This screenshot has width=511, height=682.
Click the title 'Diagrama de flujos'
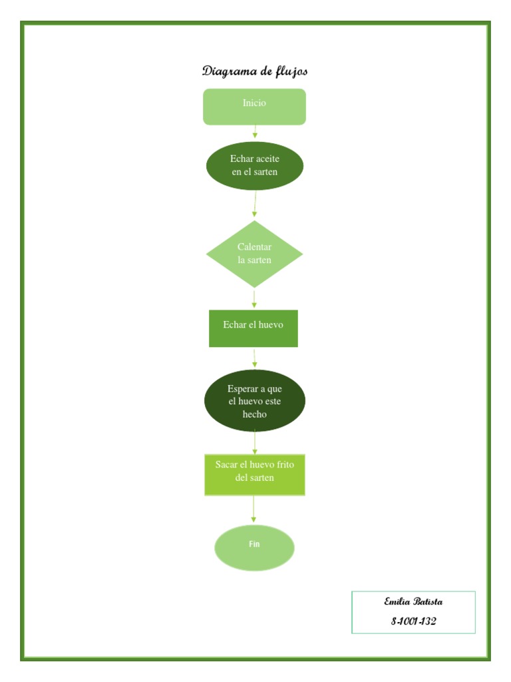point(255,71)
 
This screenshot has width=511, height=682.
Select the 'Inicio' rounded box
point(254,107)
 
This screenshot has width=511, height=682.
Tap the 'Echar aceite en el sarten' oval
point(254,166)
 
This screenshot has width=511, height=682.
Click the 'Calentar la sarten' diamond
point(254,254)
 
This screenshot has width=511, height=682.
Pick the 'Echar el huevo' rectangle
point(254,328)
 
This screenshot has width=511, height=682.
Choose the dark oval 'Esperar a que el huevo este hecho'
point(254,401)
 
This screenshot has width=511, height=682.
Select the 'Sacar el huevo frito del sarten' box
point(254,474)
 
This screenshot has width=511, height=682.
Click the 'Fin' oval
point(254,547)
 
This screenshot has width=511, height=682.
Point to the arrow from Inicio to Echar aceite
point(254,133)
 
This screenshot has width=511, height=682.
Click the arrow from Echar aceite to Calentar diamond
point(255,204)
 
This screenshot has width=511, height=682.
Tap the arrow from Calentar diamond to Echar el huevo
point(254,298)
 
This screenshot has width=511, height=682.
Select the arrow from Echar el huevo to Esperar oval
point(254,358)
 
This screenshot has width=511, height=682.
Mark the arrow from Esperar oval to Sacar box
point(254,442)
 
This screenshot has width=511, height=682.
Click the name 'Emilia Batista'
point(413,601)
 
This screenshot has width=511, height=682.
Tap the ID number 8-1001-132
point(413,621)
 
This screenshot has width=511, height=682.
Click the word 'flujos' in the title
point(290,71)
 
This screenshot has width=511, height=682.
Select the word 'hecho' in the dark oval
point(254,414)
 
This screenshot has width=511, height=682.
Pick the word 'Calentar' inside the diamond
point(254,247)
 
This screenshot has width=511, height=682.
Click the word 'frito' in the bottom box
point(282,464)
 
